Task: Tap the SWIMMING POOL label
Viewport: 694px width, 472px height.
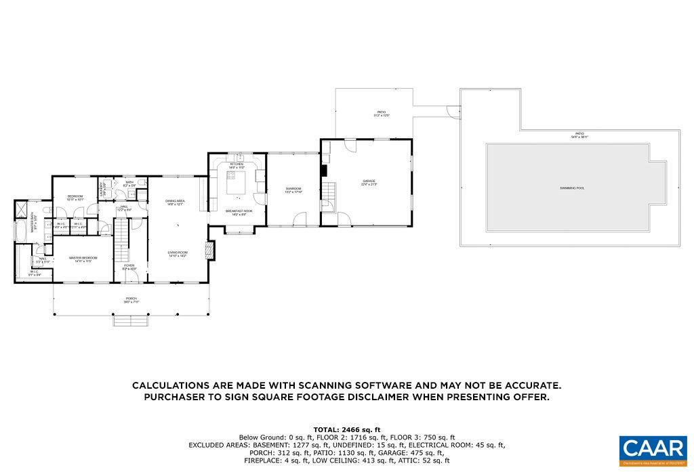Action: [x=571, y=188]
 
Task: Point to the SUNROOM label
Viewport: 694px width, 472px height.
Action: [x=293, y=188]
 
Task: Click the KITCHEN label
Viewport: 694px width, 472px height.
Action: [x=237, y=164]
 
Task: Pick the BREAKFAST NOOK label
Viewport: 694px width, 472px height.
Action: [x=239, y=211]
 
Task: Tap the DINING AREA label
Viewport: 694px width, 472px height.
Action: [x=175, y=200]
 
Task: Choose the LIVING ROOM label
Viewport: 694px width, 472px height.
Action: [x=178, y=253]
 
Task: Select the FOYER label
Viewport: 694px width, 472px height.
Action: [x=129, y=265]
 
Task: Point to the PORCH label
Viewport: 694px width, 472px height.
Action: [x=131, y=298]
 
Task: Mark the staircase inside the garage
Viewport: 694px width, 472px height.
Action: [x=329, y=193]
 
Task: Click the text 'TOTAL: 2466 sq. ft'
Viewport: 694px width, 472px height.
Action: [x=346, y=429]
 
